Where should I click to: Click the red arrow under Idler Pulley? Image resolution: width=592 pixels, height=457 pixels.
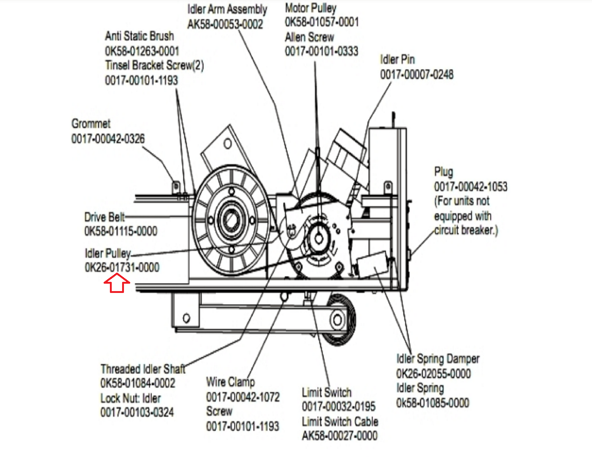[117, 283]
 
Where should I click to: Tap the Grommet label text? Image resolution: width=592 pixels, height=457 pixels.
[91, 124]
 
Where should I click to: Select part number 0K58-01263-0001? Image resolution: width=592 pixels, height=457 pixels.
[142, 51]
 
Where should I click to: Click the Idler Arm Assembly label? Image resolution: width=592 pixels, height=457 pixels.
[227, 9]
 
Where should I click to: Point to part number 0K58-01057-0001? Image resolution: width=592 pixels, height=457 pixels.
[322, 22]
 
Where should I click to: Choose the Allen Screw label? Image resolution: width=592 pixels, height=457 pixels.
[309, 37]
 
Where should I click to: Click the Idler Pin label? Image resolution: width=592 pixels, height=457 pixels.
[397, 59]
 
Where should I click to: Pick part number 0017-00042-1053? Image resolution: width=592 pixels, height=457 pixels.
[471, 187]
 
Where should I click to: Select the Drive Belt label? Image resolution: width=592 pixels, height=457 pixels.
[104, 217]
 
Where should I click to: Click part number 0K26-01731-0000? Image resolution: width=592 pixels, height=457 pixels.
[122, 267]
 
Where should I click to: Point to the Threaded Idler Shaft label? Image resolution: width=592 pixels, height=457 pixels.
[143, 369]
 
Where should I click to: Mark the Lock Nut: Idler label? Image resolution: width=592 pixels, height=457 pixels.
[131, 398]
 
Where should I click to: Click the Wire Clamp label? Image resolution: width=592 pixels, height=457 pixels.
[230, 382]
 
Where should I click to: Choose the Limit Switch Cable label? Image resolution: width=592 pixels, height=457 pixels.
[340, 421]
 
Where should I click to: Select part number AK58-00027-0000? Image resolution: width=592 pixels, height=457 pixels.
[340, 436]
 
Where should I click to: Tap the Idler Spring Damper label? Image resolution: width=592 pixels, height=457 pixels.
[438, 359]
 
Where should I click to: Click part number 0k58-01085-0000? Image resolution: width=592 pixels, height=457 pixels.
[433, 403]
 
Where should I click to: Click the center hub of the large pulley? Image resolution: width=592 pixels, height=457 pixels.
[231, 220]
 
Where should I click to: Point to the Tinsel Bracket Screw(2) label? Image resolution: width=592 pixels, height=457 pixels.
[154, 66]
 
